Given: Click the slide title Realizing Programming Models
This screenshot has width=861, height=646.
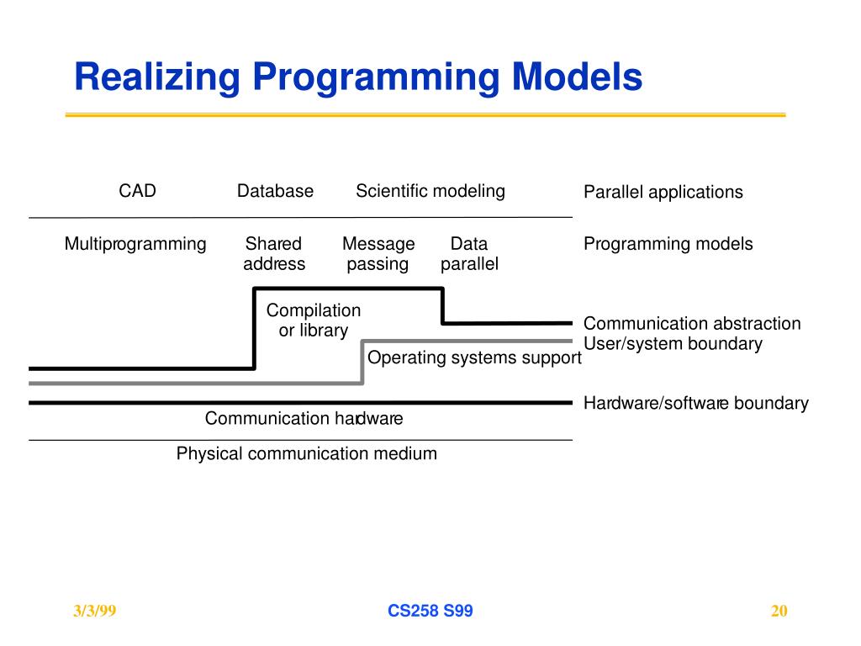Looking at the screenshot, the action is (358, 78).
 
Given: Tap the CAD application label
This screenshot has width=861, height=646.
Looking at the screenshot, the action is (137, 191).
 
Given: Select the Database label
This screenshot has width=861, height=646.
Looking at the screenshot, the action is (275, 191).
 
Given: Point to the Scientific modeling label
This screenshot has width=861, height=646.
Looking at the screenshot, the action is (430, 191).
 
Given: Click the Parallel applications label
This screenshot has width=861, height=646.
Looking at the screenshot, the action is (663, 192).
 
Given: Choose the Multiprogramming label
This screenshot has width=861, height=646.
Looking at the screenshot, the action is (135, 244).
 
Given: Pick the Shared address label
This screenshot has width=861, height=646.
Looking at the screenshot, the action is (274, 254).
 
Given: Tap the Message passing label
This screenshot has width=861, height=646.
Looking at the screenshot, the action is (378, 254).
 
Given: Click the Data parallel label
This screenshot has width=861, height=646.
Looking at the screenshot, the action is (469, 254).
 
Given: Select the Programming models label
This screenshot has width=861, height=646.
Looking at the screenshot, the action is (668, 244).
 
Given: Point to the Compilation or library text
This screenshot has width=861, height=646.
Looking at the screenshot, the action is (314, 320).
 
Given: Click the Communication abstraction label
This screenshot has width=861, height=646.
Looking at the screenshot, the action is (692, 324).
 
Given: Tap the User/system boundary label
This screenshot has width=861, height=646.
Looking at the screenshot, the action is (673, 343).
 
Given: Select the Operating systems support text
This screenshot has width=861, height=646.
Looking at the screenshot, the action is (474, 357).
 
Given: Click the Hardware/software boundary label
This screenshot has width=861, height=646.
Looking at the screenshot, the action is (696, 403).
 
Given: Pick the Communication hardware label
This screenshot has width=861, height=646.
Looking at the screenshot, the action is (304, 418).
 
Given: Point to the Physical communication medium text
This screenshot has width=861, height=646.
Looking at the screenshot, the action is (307, 454).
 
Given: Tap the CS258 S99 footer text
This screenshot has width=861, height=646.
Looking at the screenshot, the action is (430, 612).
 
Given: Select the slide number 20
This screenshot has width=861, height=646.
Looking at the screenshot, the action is (779, 612).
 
